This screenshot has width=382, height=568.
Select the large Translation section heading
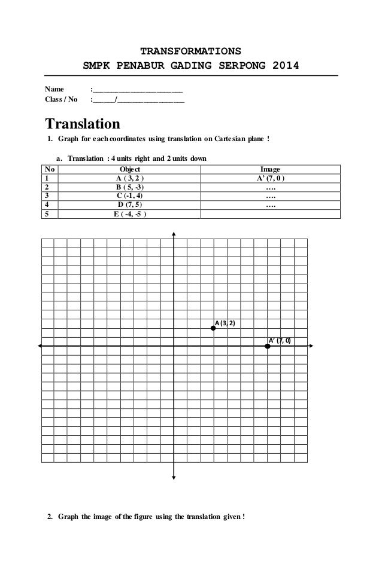[x=83, y=124]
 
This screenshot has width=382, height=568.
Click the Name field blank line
[x=137, y=90]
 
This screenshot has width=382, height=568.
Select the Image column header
[x=270, y=169]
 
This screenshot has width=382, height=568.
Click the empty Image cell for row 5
[x=270, y=215]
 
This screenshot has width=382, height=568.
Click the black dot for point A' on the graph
[x=267, y=346]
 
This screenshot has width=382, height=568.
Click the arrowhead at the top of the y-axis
[x=174, y=234]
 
